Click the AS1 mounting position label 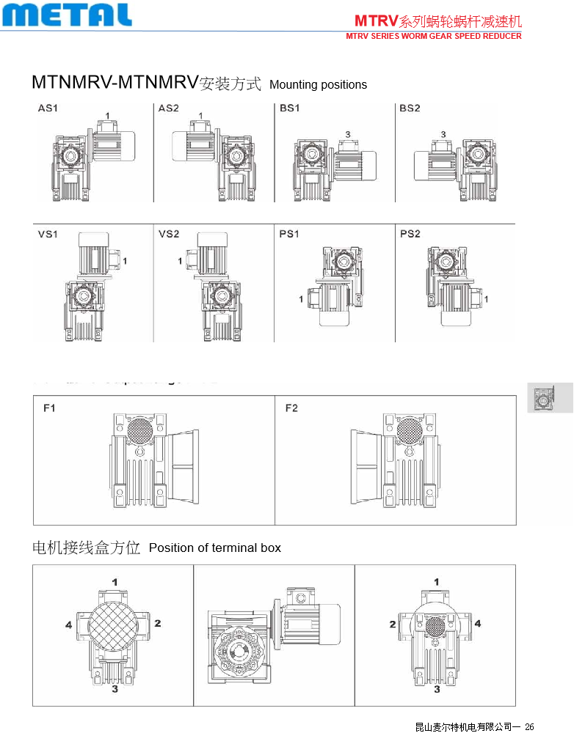(48, 108)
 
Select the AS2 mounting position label (168, 108)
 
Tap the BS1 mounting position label (289, 108)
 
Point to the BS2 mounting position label (410, 108)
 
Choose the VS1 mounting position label (48, 235)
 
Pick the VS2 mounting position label (168, 235)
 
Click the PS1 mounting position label (289, 235)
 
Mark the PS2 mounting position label (410, 235)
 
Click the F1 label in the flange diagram (49, 408)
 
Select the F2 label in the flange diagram (291, 408)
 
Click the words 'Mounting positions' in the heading (318, 85)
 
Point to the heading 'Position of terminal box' (214, 548)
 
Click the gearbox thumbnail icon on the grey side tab (543, 398)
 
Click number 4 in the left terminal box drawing (68, 625)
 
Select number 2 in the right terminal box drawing (393, 624)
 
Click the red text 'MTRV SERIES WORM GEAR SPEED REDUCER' (434, 36)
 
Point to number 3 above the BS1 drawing (347, 134)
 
